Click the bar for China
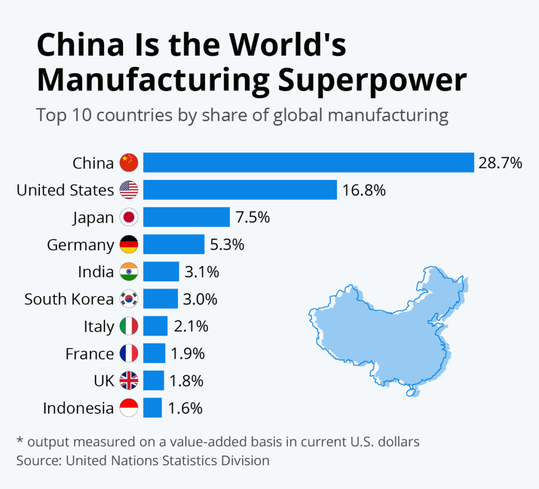[308, 162]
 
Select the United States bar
[240, 190]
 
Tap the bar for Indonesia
[153, 408]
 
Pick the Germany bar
[174, 244]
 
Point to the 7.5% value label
[253, 217]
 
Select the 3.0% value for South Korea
[201, 299]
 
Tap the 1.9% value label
[187, 354]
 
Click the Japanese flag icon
[129, 217]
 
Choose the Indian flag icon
[129, 272]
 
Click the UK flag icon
[129, 381]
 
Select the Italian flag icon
[129, 327]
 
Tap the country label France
[89, 354]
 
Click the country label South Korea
[69, 299]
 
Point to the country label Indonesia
[78, 408]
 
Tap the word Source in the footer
[39, 461]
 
